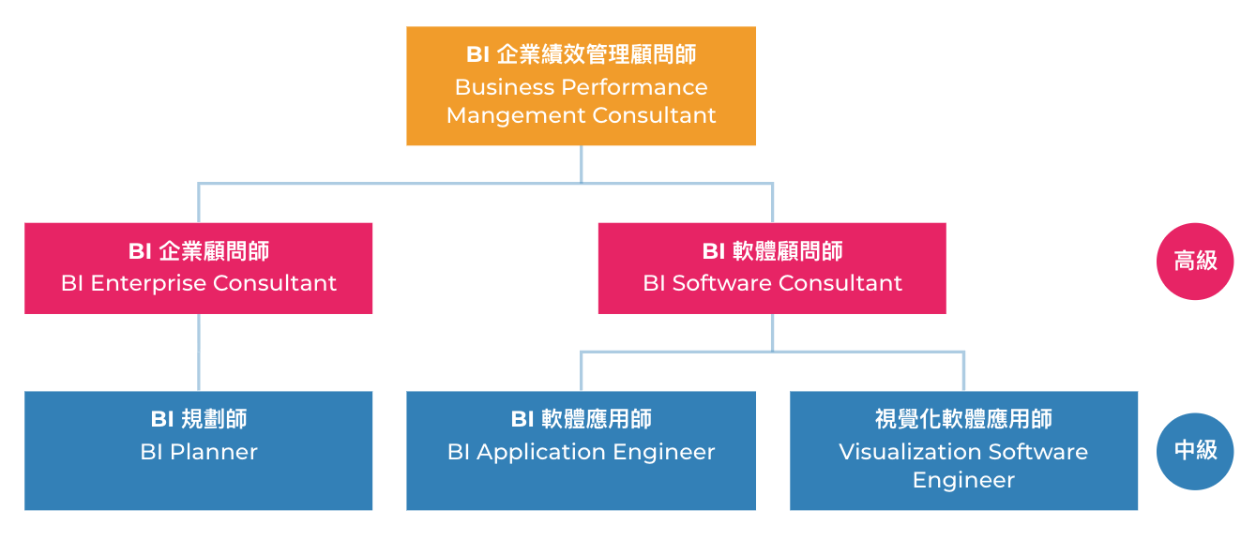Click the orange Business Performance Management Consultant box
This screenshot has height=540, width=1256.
tap(581, 86)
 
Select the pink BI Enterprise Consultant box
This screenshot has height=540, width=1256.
tap(198, 268)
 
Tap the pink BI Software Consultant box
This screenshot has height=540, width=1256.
tap(772, 268)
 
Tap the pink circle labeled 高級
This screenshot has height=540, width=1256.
tap(1195, 262)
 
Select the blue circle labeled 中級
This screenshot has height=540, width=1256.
tap(1195, 451)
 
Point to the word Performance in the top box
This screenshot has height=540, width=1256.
tap(634, 87)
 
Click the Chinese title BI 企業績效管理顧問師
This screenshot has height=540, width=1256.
tap(581, 55)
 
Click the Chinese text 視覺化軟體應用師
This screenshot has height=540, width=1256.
tap(963, 419)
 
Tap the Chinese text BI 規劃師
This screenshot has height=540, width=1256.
tap(198, 419)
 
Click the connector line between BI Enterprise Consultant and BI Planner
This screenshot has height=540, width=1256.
tap(199, 352)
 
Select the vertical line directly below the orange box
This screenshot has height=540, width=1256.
tap(581, 163)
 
